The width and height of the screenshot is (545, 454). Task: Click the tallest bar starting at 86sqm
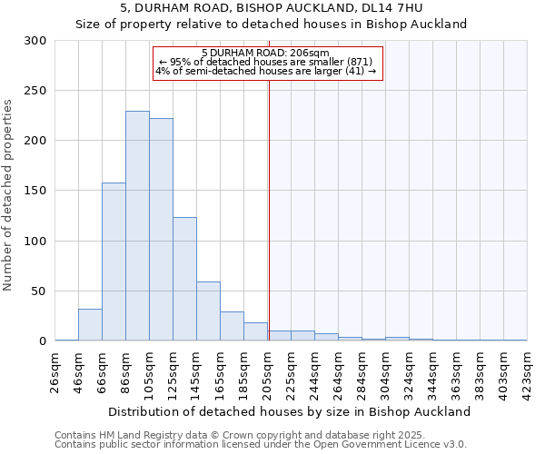(x=137, y=226)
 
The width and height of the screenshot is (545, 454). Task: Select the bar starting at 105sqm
(x=161, y=230)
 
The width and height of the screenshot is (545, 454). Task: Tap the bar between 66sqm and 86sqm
(x=114, y=262)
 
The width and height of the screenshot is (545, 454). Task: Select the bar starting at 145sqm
(x=208, y=311)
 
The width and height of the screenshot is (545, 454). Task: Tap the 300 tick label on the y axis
(x=35, y=41)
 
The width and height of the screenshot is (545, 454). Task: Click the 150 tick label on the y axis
(x=35, y=192)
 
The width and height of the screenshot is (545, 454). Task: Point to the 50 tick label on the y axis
(x=39, y=291)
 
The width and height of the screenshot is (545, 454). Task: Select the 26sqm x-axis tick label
(x=54, y=372)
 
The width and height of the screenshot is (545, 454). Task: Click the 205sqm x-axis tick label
(x=267, y=372)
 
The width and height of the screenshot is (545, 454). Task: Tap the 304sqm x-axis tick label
(x=385, y=372)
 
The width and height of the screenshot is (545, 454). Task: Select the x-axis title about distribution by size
(x=290, y=411)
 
